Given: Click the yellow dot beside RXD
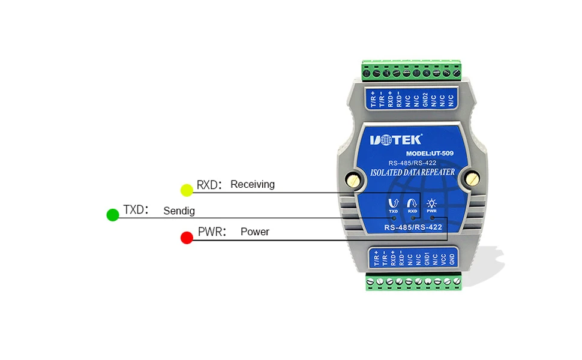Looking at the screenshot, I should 187,190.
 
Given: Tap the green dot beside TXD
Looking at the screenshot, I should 112,215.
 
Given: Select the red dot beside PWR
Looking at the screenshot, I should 187,238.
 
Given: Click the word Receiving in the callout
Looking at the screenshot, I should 252,184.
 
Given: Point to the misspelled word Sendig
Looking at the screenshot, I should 179,211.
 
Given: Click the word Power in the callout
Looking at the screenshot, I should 254,232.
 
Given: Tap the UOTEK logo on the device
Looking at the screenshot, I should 396,140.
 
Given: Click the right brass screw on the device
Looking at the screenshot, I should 473,178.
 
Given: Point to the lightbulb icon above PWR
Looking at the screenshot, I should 431,203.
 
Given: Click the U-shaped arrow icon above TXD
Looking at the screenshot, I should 393,203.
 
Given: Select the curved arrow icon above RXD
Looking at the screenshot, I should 412,203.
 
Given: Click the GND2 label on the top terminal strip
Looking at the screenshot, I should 425,99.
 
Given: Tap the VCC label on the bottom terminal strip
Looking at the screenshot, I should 443,259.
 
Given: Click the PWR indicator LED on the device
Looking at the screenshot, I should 431,218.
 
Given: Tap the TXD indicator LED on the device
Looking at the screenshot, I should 394,218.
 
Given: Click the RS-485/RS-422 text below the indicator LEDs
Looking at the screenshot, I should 412,227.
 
